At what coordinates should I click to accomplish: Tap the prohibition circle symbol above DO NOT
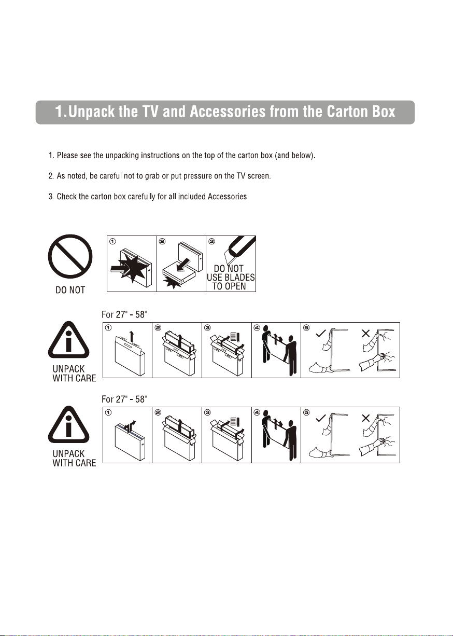pyautogui.click(x=70, y=256)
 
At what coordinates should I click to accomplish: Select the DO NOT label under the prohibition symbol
pyautogui.click(x=70, y=290)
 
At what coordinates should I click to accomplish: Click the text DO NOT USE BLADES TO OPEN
pyautogui.click(x=231, y=277)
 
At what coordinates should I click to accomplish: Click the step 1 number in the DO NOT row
pyautogui.click(x=112, y=241)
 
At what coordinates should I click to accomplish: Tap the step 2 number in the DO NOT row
pyautogui.click(x=162, y=241)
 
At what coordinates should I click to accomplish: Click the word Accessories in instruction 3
pyautogui.click(x=228, y=197)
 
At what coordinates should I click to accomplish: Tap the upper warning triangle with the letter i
pyautogui.click(x=68, y=340)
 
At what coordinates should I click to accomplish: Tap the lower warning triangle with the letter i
pyautogui.click(x=68, y=424)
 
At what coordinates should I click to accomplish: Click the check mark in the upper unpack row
pyautogui.click(x=320, y=333)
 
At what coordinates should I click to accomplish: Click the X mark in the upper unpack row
pyautogui.click(x=366, y=333)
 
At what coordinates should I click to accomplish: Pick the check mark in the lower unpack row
pyautogui.click(x=320, y=418)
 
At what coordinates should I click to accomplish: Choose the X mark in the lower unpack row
pyautogui.click(x=366, y=418)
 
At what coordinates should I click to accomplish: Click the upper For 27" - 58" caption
pyautogui.click(x=124, y=314)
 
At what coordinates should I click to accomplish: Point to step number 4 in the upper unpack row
pyautogui.click(x=257, y=327)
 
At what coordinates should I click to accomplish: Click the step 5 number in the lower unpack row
pyautogui.click(x=306, y=412)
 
